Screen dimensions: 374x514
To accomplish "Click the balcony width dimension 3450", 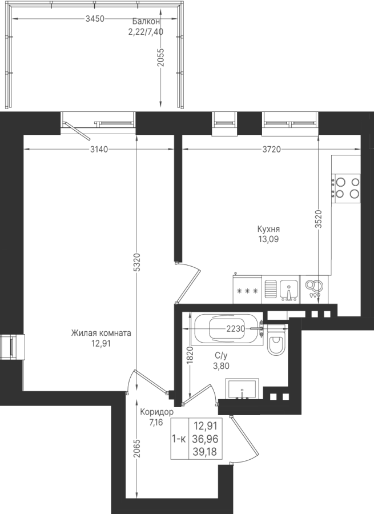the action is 95,19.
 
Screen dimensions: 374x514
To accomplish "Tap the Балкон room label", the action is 146,22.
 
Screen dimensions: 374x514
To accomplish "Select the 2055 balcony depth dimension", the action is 160,58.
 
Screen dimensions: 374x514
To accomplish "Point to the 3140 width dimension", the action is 99,150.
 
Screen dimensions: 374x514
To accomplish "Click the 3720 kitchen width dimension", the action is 272,150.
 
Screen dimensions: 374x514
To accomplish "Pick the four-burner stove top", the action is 346,188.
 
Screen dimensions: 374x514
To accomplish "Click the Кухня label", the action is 268,229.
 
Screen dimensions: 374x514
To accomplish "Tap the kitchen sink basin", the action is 288,290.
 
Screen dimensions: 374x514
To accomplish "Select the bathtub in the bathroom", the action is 228,329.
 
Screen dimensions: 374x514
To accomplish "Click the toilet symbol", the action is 277,340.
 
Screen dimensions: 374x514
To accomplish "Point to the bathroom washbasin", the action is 242,389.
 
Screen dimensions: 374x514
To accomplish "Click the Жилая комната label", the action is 101,333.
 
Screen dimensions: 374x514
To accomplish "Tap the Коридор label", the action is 156,412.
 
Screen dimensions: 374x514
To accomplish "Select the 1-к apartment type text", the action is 179,439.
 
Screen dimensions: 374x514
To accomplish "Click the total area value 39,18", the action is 206,452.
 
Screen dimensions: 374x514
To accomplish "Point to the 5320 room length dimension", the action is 137,262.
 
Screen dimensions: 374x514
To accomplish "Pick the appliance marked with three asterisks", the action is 247,290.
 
